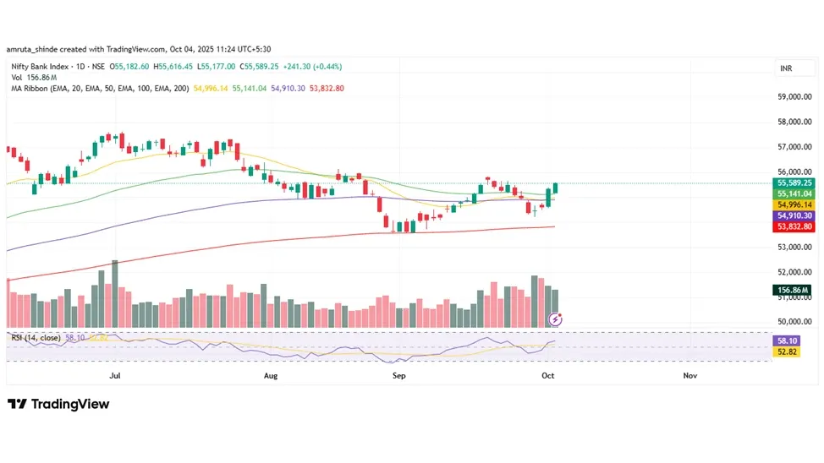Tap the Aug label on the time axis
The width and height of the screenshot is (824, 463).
tap(271, 375)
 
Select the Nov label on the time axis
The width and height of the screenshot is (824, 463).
tap(689, 375)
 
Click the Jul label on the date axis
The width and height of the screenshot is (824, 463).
tap(114, 375)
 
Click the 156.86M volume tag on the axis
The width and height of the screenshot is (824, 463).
tap(794, 290)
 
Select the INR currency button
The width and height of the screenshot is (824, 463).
tap(787, 68)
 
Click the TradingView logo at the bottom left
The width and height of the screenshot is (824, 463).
tap(58, 404)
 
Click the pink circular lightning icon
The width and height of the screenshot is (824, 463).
tap(555, 319)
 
